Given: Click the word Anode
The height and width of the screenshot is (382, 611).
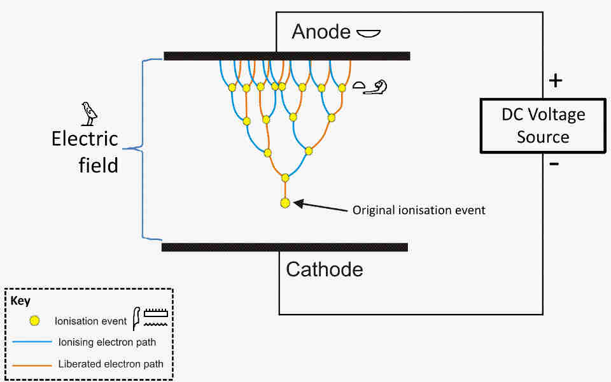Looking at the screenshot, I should [x=321, y=32].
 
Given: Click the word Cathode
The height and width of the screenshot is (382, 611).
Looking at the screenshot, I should [x=325, y=269].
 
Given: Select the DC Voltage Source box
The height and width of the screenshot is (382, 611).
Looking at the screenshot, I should [x=543, y=125].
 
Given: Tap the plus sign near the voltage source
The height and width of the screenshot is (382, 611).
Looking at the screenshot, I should [x=556, y=81].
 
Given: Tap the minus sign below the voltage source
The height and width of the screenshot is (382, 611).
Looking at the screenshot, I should [x=554, y=164].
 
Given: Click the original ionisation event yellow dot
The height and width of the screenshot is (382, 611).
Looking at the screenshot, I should [x=285, y=203].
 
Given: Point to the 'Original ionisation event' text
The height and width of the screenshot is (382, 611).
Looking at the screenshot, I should [x=419, y=210].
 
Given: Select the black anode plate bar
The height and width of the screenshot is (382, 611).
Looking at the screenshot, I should [x=286, y=56].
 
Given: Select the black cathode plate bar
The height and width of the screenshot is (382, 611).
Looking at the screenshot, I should [x=284, y=247].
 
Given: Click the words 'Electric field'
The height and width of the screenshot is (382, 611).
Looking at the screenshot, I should [x=85, y=152].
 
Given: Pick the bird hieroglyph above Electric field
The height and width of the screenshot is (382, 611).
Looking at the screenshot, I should [x=90, y=113].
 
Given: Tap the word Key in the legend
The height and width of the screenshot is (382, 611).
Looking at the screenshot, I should [x=21, y=301].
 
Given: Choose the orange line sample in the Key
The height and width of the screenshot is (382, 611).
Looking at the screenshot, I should [x=31, y=365].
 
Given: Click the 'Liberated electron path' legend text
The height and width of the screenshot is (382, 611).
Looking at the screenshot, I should [x=111, y=364].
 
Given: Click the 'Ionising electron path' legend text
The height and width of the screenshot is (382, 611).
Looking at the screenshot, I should [x=107, y=343].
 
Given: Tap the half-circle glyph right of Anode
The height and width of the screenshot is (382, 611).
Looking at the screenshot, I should [x=368, y=32].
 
